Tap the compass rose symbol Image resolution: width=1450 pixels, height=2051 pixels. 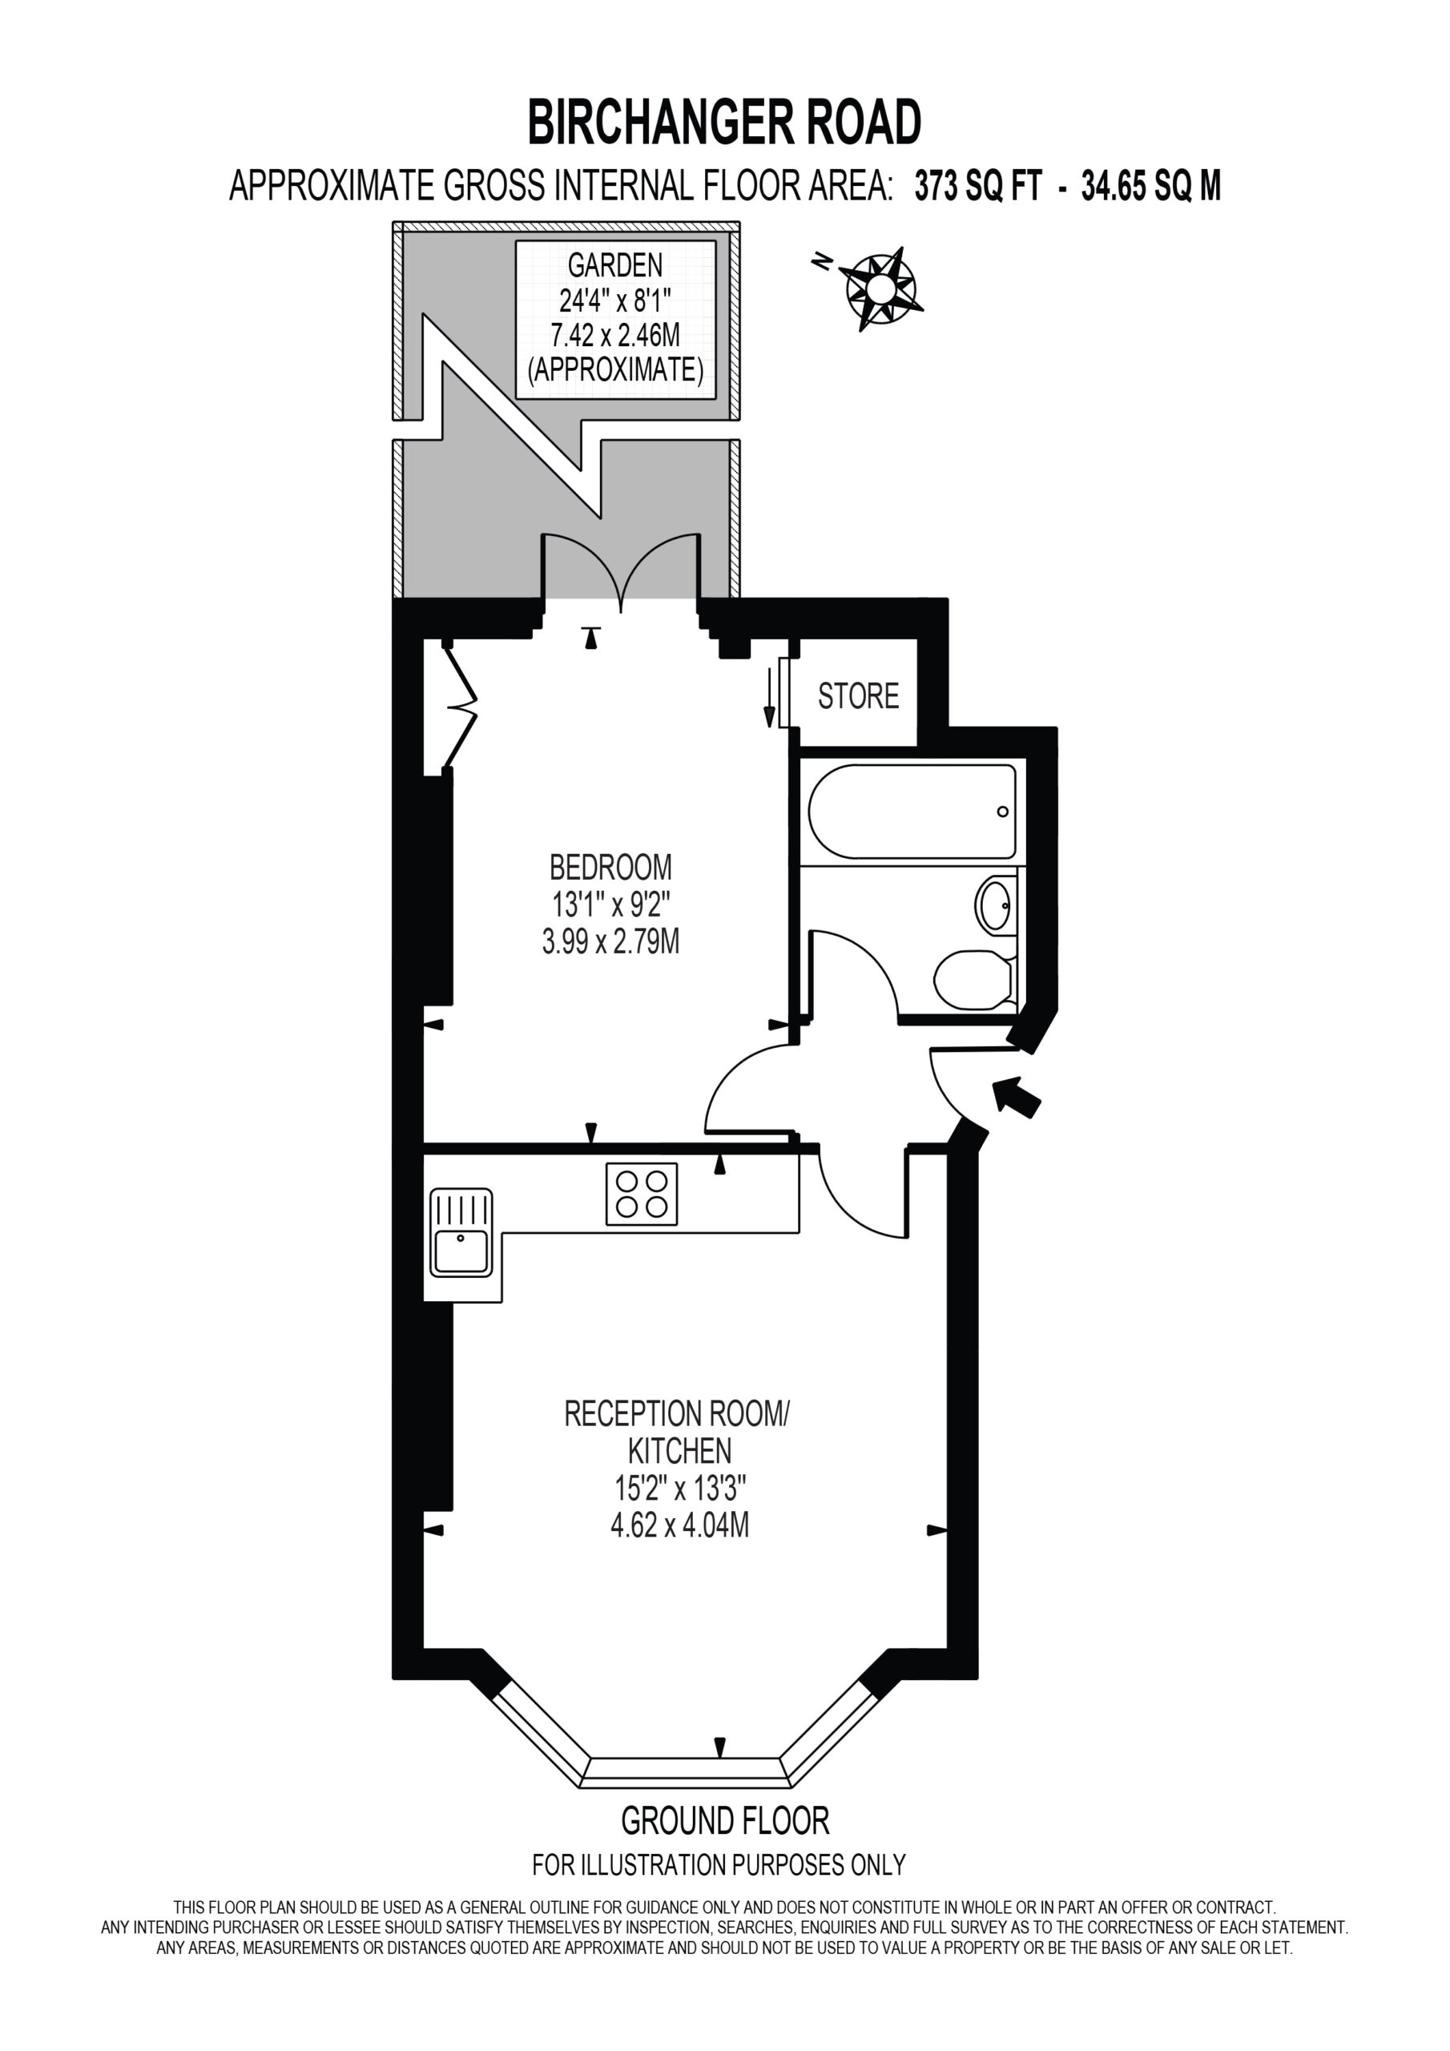879,288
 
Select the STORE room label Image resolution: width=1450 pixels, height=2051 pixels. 858,696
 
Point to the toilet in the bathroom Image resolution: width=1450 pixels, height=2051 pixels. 975,979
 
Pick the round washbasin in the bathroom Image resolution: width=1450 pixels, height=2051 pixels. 995,905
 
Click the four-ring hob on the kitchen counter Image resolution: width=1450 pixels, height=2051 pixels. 642,1194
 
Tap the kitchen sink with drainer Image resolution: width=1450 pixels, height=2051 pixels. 461,1232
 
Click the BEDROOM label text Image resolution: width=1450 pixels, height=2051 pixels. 610,867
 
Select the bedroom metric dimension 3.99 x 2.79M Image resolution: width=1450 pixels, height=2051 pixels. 610,941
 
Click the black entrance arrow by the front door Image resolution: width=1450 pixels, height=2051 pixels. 1016,1095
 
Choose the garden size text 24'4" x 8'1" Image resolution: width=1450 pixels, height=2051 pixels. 615,300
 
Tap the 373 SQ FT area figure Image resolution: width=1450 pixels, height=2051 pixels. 978,187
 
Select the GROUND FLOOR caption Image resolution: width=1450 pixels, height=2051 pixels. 724,1819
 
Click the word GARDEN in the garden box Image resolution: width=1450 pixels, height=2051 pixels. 615,264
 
